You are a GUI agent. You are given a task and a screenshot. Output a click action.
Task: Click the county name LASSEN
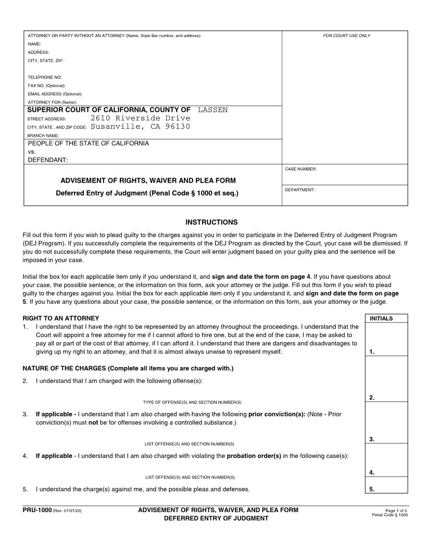(x=213, y=110)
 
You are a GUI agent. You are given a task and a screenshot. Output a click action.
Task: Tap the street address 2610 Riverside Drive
(x=140, y=118)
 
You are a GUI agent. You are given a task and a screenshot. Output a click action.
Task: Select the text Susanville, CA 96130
(x=140, y=127)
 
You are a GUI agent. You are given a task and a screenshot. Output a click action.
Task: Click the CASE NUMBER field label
(x=301, y=169)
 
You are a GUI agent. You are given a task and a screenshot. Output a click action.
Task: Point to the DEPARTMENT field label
(x=299, y=190)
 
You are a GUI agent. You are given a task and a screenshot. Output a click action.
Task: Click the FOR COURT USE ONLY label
(x=346, y=36)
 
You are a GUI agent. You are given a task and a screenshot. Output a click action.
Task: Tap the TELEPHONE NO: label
(x=45, y=77)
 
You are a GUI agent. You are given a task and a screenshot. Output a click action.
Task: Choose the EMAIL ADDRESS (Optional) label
(x=55, y=94)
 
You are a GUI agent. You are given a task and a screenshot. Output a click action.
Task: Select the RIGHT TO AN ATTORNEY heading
(x=61, y=318)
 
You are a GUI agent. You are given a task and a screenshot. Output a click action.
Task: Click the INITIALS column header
(x=381, y=318)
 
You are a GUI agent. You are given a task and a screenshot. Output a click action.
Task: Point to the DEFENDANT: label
(x=48, y=160)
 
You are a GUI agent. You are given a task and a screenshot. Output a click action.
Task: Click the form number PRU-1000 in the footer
(x=37, y=510)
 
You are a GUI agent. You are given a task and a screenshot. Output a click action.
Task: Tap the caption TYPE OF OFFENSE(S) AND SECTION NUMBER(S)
(x=192, y=402)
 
